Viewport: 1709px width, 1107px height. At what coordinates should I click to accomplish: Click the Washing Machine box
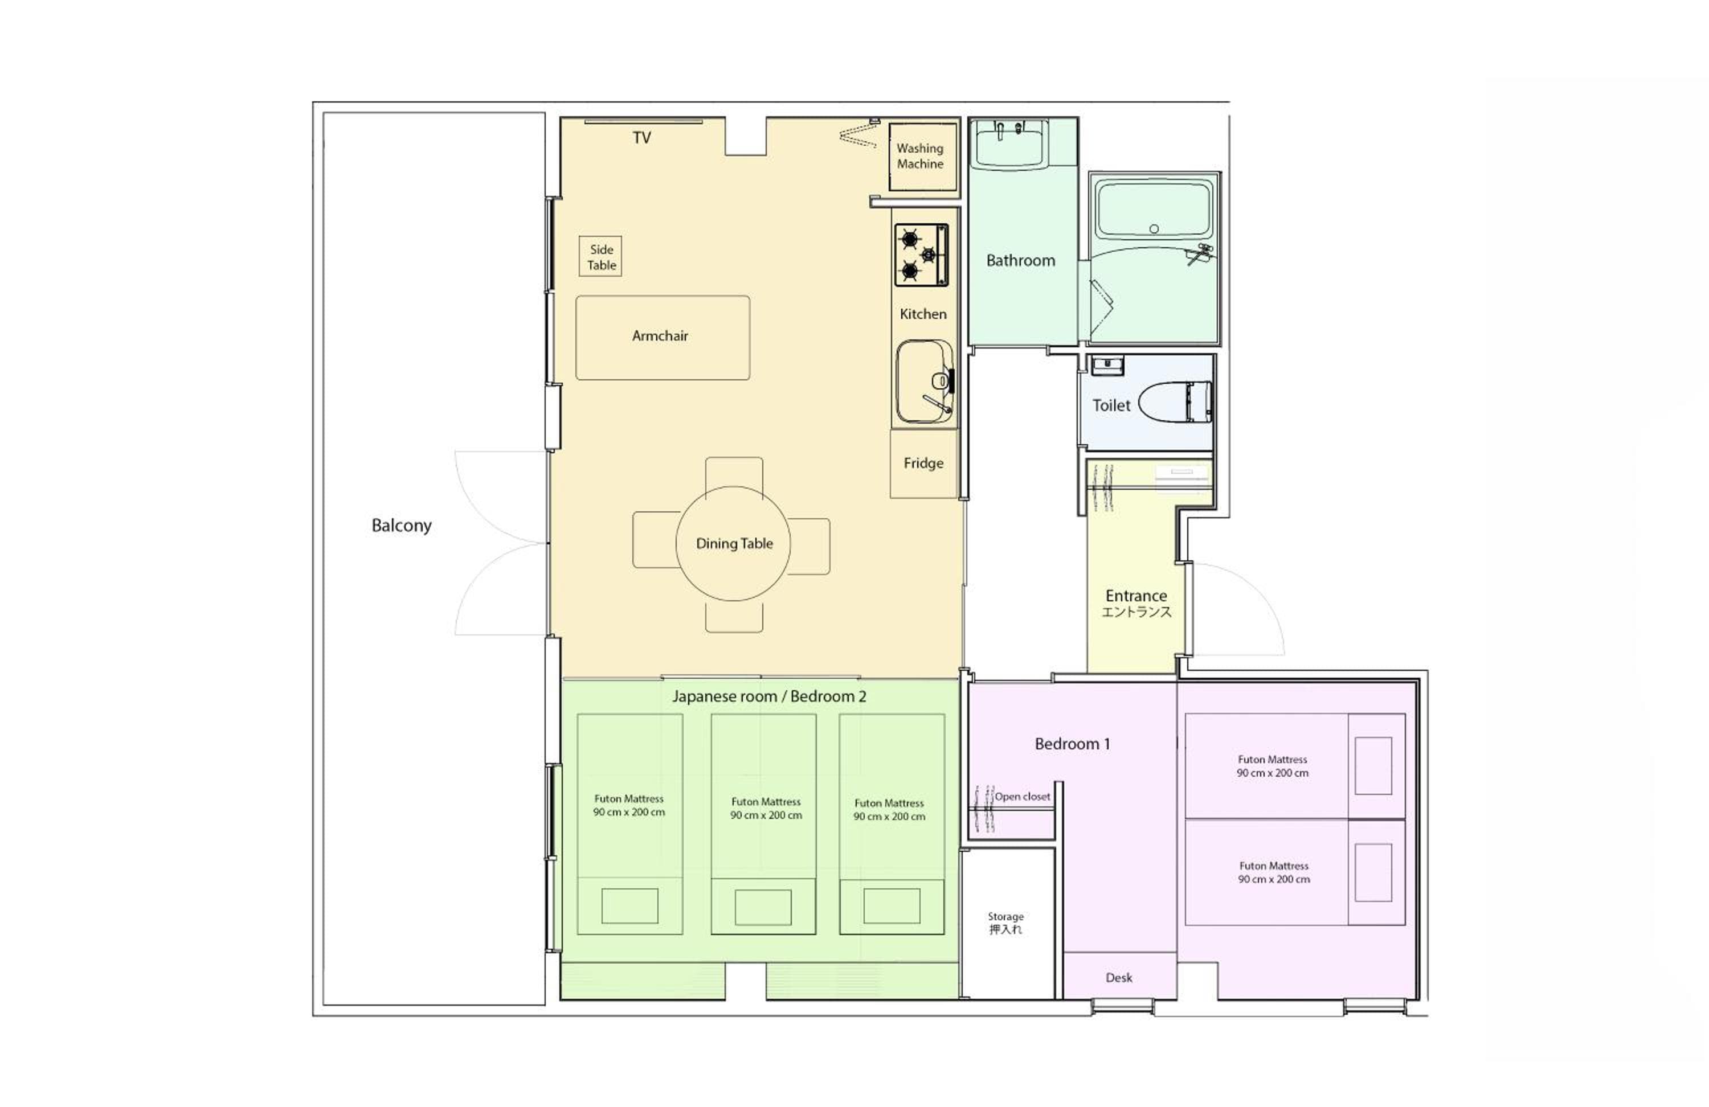pyautogui.click(x=923, y=157)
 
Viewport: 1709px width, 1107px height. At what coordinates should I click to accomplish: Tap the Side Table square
pyautogui.click(x=600, y=256)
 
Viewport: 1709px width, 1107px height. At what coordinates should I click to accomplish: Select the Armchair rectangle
pyautogui.click(x=663, y=338)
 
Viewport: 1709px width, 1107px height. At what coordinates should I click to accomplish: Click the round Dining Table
pyautogui.click(x=733, y=543)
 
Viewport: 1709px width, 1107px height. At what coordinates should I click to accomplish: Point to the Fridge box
pyautogui.click(x=923, y=464)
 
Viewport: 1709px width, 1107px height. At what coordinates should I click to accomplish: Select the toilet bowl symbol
pyautogui.click(x=1175, y=402)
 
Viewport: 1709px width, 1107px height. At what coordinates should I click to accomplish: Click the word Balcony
pyautogui.click(x=402, y=526)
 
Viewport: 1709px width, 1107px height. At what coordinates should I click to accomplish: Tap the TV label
pyautogui.click(x=642, y=138)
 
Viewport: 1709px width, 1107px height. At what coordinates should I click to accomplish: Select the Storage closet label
pyautogui.click(x=1005, y=922)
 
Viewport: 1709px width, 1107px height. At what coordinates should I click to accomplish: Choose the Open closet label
pyautogui.click(x=1023, y=796)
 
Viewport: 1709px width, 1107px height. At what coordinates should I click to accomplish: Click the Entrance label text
pyautogui.click(x=1136, y=603)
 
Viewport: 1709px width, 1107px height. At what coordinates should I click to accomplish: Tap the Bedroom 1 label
pyautogui.click(x=1072, y=744)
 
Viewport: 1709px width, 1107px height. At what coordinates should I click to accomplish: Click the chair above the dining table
pyautogui.click(x=734, y=476)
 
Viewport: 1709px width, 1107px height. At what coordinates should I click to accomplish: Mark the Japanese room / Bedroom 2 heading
pyautogui.click(x=769, y=696)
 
